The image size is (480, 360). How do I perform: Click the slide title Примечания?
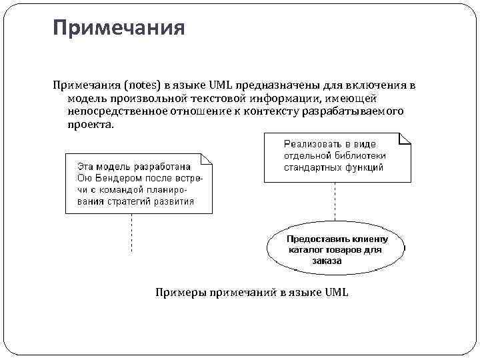[x=119, y=29]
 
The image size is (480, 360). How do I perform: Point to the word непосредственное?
[x=108, y=111]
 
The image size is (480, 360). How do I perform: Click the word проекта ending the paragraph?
[x=90, y=125]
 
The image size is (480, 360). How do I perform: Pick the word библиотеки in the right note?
[x=359, y=155]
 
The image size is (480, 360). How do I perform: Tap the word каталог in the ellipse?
[x=307, y=250]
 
